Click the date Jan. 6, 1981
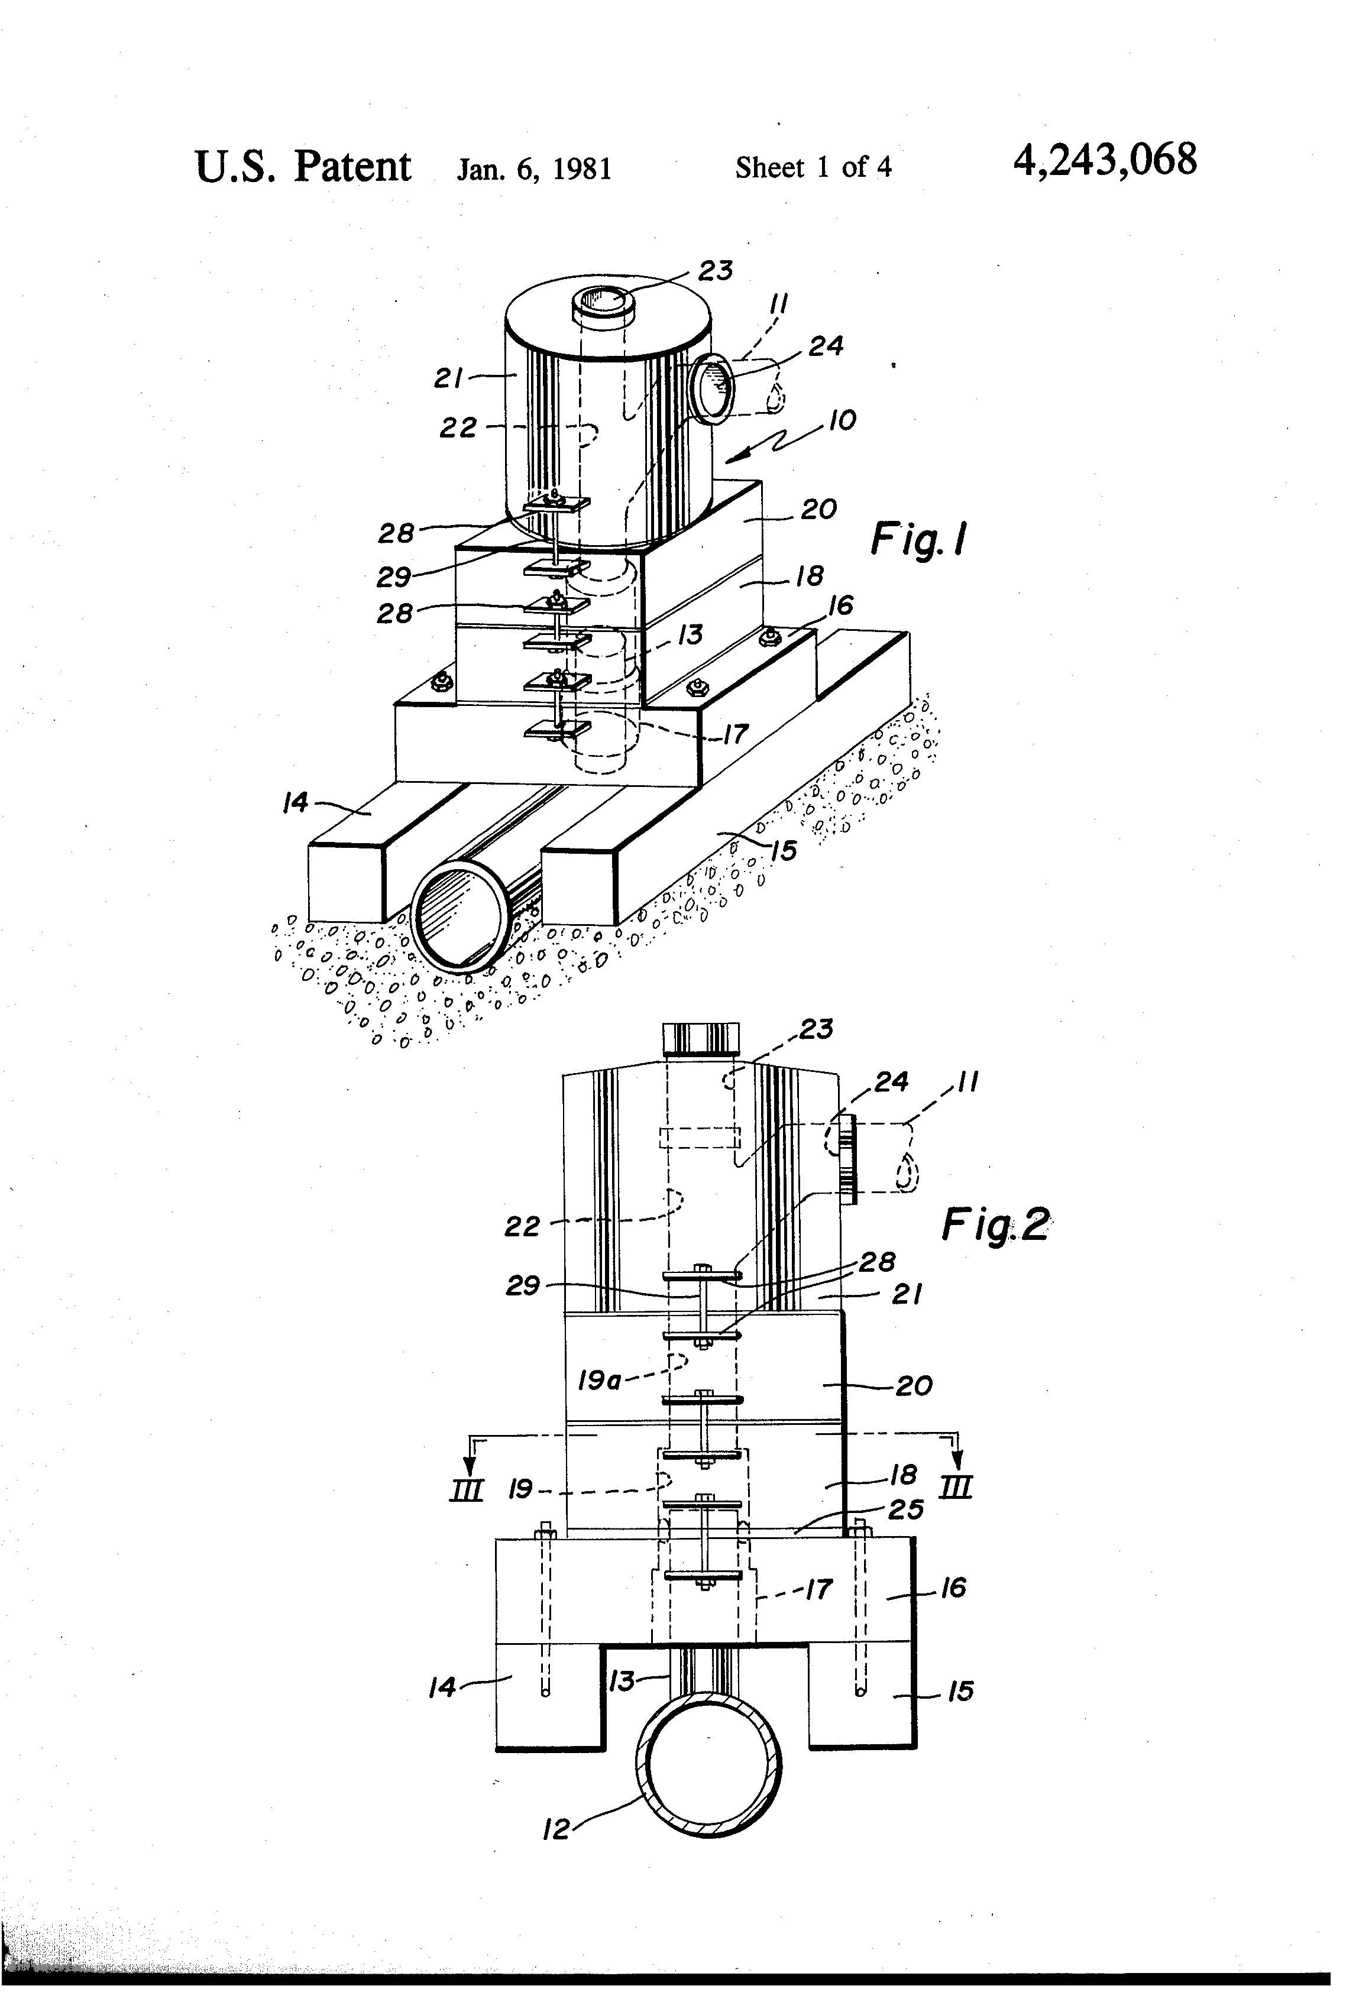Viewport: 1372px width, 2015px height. pos(534,168)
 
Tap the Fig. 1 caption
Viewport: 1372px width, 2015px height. pos(918,541)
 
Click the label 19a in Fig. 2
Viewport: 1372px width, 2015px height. pos(598,1379)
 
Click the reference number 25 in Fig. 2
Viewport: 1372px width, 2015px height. pos(906,1509)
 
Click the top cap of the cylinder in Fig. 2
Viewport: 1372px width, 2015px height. pos(701,1038)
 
